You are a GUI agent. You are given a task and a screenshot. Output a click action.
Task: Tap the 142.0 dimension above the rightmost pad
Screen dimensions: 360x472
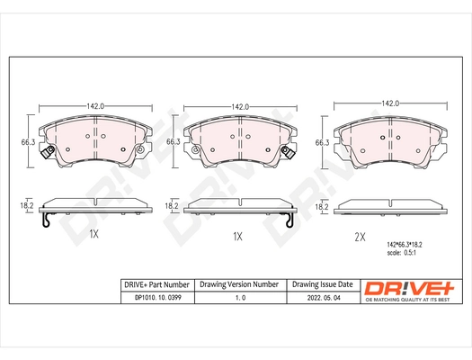(391, 103)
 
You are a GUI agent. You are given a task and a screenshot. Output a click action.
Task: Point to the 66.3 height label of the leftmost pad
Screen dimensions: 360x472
(29, 141)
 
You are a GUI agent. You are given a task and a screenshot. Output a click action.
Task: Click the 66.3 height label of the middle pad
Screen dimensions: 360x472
(173, 141)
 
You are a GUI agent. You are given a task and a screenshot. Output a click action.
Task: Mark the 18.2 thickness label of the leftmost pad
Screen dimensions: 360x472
(27, 206)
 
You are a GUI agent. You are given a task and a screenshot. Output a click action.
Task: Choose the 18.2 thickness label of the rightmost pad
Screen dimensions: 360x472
(321, 207)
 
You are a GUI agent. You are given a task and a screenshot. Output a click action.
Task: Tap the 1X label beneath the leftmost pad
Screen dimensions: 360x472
(93, 235)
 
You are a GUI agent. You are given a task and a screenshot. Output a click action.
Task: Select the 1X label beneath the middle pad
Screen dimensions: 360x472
(237, 236)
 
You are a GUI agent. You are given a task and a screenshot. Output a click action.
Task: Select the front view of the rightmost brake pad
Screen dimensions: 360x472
(391, 140)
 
